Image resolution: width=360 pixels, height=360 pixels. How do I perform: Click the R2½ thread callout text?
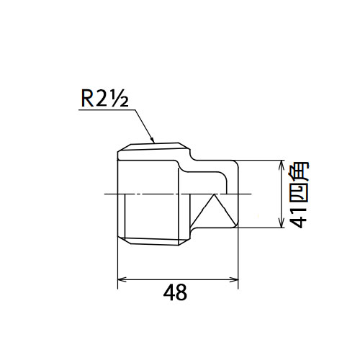(105, 98)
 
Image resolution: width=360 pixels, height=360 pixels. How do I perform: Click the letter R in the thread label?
(87, 99)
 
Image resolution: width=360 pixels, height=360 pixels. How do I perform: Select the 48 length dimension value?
(175, 292)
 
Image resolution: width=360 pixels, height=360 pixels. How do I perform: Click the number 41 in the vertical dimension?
(300, 217)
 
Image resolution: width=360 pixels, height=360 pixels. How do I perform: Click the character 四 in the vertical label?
(300, 194)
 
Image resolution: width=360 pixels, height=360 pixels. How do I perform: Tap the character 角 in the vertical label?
(300, 172)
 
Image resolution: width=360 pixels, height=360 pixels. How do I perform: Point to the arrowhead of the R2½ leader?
(152, 140)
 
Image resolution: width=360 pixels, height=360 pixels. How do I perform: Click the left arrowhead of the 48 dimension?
(122, 279)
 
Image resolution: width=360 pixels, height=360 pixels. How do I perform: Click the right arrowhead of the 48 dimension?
(234, 279)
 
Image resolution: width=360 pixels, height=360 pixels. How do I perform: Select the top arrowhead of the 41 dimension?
(282, 165)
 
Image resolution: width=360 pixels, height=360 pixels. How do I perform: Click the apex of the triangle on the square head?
(214, 194)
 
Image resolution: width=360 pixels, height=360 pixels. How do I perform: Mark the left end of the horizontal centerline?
(104, 194)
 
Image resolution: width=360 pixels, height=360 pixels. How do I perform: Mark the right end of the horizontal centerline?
(251, 194)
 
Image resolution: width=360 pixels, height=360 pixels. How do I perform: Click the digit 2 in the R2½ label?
(101, 99)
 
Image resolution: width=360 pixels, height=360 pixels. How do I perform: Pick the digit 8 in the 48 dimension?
(181, 292)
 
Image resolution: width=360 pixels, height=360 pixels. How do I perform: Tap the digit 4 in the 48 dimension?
(169, 292)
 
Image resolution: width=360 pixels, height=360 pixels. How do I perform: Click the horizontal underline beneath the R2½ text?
(107, 110)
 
